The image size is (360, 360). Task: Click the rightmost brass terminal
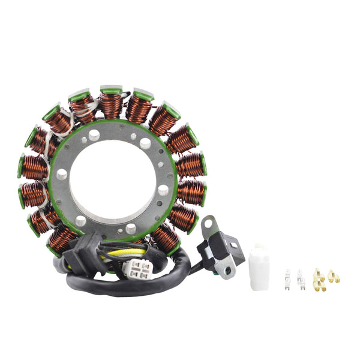332,277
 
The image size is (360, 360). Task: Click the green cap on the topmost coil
112,89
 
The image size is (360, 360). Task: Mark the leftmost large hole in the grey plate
61,174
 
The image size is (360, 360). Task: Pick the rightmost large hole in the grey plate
163,190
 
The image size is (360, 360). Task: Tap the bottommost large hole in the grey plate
131,229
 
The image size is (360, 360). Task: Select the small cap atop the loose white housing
259,247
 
